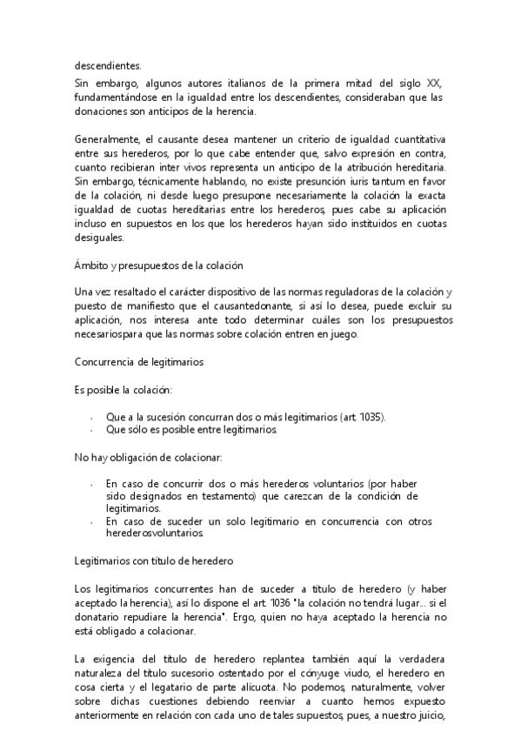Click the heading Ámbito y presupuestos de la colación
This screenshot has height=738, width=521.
157,265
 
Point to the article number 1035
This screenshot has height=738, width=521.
368,417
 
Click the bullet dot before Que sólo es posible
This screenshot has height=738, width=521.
92,431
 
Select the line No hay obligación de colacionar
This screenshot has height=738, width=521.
149,456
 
